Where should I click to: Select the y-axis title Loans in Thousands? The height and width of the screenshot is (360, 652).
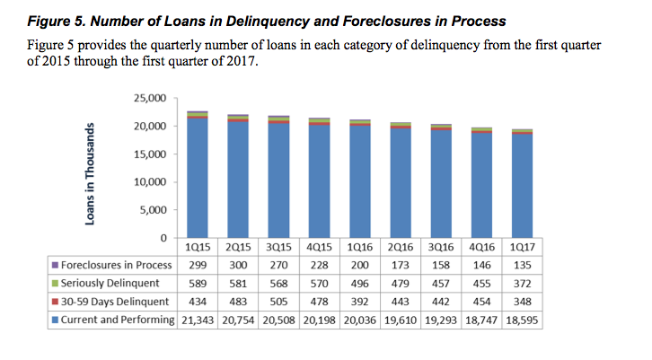point(93,169)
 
